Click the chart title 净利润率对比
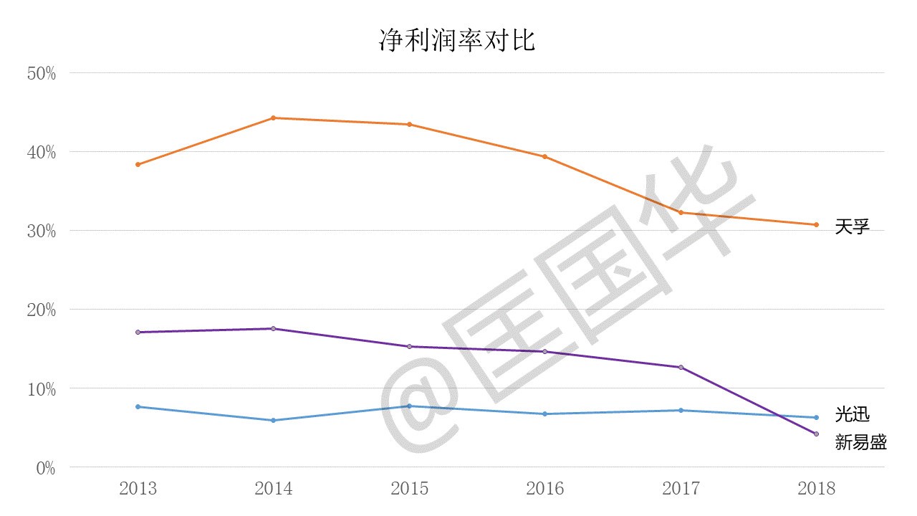(x=457, y=40)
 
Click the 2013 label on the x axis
(x=138, y=489)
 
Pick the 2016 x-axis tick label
(x=544, y=489)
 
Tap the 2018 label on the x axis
(x=816, y=489)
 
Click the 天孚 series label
(x=852, y=227)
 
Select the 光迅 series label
(x=852, y=414)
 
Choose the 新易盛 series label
(x=860, y=442)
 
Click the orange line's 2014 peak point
(x=274, y=118)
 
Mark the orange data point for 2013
(x=138, y=164)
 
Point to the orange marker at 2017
(x=681, y=212)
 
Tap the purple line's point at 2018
(x=816, y=434)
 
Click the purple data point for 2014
(x=274, y=328)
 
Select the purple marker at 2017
(x=681, y=367)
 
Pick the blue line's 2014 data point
(x=274, y=420)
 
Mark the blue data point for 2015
(x=409, y=406)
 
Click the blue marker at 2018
(x=816, y=417)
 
